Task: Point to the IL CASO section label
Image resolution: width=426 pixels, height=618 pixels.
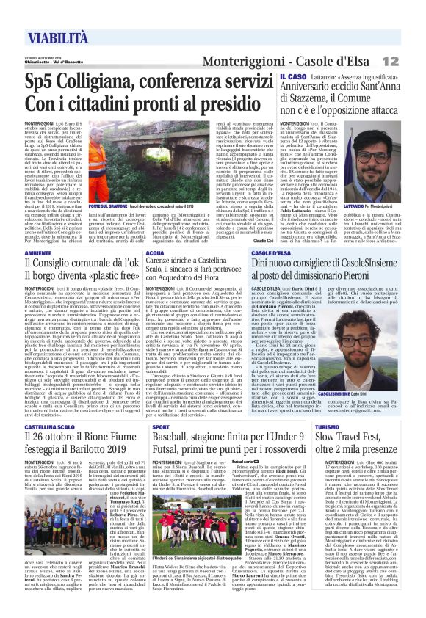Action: pos(292,76)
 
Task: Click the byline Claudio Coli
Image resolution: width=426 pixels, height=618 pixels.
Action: pos(263,240)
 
